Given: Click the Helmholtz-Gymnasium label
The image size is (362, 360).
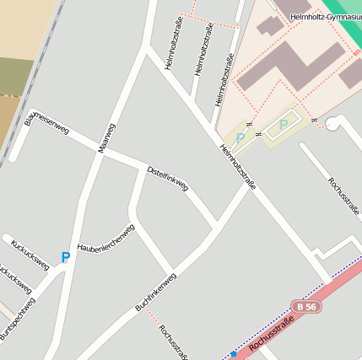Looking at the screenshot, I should [x=325, y=17].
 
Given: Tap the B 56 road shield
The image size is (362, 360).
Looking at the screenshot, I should [x=305, y=307].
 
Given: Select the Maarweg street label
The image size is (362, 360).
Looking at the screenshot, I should [x=106, y=137].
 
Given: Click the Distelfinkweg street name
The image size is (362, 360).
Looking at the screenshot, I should [x=167, y=177].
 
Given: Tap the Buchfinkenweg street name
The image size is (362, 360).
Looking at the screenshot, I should [x=155, y=292].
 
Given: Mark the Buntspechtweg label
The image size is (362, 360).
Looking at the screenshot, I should [x=17, y=320].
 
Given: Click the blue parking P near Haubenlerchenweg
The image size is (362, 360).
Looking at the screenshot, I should [x=65, y=258].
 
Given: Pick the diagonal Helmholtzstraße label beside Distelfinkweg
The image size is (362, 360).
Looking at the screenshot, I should [x=237, y=166].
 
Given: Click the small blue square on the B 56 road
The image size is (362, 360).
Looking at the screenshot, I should [x=233, y=354].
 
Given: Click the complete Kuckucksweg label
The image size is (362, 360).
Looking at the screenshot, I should [x=30, y=255].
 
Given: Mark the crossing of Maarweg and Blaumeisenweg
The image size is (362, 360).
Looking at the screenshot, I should [x=98, y=149].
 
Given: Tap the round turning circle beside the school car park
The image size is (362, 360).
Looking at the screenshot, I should [x=333, y=125].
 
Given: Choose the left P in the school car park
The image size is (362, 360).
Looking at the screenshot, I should [x=241, y=137].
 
